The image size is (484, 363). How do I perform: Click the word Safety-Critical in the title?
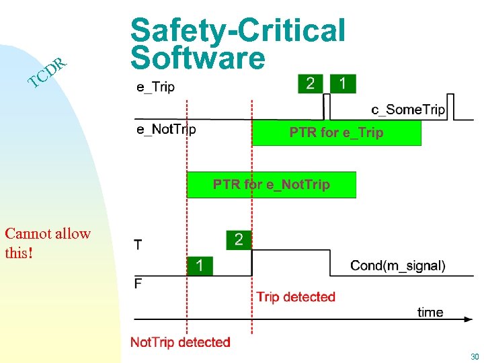pyautogui.click(x=238, y=30)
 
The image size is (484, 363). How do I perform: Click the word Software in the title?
pyautogui.click(x=198, y=58)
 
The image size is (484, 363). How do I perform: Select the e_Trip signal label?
pyautogui.click(x=155, y=86)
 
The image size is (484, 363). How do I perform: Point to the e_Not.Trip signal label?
pyautogui.click(x=166, y=129)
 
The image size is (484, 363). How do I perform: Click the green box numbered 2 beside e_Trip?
pyautogui.click(x=310, y=83)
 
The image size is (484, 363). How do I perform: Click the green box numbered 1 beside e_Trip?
pyautogui.click(x=344, y=83)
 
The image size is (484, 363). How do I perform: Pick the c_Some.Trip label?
pyautogui.click(x=408, y=110)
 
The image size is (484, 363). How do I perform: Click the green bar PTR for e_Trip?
pyautogui.click(x=336, y=132)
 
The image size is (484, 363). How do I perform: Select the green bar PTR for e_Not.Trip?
pyautogui.click(x=271, y=184)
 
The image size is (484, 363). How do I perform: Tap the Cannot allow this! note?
pyautogui.click(x=47, y=243)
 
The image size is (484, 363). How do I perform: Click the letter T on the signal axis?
pyautogui.click(x=138, y=245)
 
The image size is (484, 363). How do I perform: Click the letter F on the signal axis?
pyautogui.click(x=138, y=284)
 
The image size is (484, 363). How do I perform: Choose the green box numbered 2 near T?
pyautogui.click(x=239, y=239)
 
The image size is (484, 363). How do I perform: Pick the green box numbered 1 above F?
pyautogui.click(x=199, y=266)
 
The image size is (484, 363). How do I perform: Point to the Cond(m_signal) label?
pyautogui.click(x=397, y=266)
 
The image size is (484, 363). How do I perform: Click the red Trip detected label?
pyautogui.click(x=295, y=296)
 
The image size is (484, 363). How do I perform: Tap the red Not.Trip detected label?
pyautogui.click(x=180, y=342)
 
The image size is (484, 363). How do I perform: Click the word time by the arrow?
pyautogui.click(x=430, y=312)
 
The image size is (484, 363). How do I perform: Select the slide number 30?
pyautogui.click(x=475, y=356)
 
